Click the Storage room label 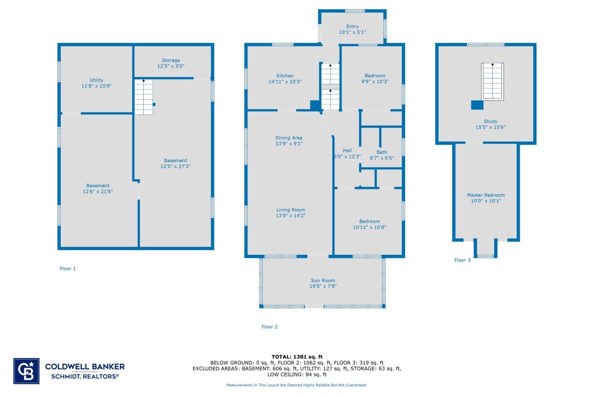click(171, 60)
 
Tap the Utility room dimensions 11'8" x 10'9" click(97, 86)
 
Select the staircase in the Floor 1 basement click(143, 97)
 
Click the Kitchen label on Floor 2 click(285, 76)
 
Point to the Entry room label click(352, 26)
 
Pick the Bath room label click(381, 152)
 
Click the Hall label click(347, 150)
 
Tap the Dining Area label click(289, 138)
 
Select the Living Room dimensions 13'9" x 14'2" click(291, 215)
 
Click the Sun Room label click(323, 280)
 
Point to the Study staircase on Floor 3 click(493, 81)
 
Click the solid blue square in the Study click(477, 105)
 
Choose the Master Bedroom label click(485, 195)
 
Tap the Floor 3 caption click(462, 260)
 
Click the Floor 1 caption click(67, 268)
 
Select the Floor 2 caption click(269, 327)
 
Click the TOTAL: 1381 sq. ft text click(297, 357)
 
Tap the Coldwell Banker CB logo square click(26, 371)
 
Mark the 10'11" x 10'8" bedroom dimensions click(369, 227)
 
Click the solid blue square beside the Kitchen click(315, 105)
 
